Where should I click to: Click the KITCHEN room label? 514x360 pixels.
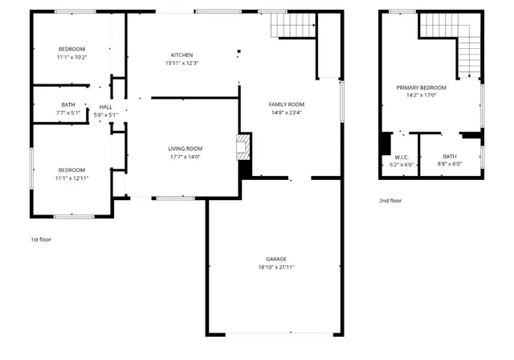point(182,55)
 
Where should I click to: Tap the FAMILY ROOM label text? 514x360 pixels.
point(288,104)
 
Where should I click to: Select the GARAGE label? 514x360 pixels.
point(273,259)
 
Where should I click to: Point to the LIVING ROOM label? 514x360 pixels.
point(185,149)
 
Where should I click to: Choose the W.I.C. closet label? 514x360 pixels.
point(402,157)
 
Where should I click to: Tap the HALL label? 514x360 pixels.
point(105,107)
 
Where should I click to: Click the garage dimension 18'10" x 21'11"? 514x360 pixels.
point(273,267)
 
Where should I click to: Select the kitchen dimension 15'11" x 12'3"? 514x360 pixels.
point(182,63)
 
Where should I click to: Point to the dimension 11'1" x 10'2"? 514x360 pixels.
point(71,57)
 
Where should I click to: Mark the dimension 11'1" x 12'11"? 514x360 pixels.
point(71,178)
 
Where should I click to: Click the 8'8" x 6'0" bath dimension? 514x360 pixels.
point(449,165)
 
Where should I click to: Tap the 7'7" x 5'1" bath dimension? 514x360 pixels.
point(68,113)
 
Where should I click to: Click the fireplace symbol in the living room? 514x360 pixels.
point(242,147)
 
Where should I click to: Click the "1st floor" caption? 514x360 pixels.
point(41,239)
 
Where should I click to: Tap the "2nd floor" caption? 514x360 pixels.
point(390,200)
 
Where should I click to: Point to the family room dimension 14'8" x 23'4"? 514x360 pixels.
point(288,112)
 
